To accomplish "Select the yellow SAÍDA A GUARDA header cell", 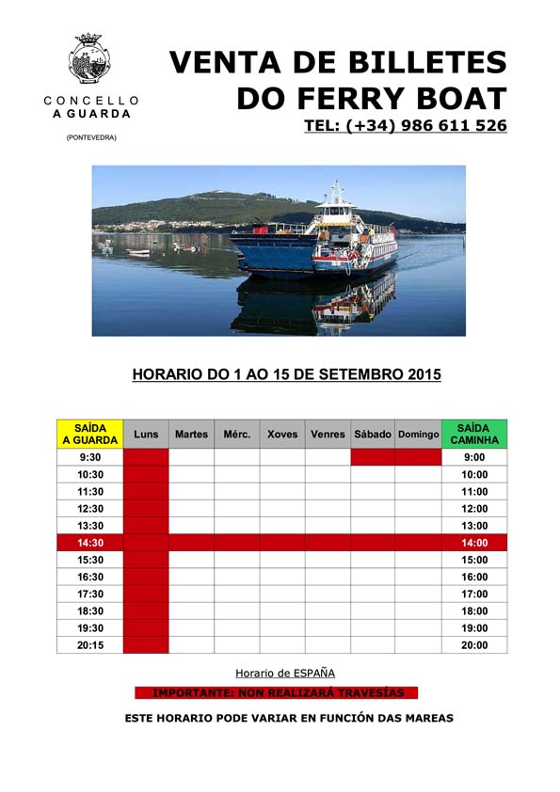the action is (x=89, y=434).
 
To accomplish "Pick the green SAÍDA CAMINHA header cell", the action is (x=474, y=434).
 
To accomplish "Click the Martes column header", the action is (x=191, y=435).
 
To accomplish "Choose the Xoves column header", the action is (x=282, y=435).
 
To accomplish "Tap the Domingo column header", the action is (x=418, y=435).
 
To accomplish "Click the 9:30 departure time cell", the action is (x=89, y=457).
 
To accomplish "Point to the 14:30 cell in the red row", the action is (x=89, y=543).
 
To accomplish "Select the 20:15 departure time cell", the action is (x=89, y=645).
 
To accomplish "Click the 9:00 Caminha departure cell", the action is (x=474, y=457).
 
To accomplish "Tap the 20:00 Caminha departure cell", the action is (x=474, y=645).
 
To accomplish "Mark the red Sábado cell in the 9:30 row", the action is (x=373, y=457).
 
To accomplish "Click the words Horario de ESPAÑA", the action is (x=284, y=673).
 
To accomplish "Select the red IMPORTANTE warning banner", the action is (x=278, y=693).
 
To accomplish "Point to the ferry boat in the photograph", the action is (x=320, y=239).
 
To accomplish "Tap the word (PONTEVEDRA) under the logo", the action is (x=91, y=138).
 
